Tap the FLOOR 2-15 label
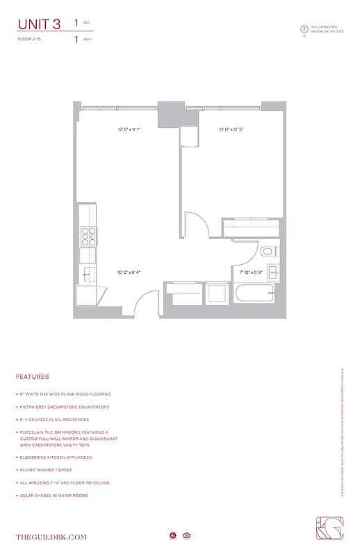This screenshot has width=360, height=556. click(x=29, y=40)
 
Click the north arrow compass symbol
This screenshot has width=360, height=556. click(x=304, y=29)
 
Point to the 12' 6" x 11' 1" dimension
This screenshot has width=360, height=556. click(x=129, y=129)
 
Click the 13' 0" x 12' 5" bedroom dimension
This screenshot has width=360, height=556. click(x=231, y=129)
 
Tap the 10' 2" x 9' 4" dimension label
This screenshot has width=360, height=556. click(x=130, y=272)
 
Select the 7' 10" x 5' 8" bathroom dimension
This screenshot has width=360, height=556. click(x=251, y=272)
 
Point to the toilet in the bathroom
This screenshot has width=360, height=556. click(x=268, y=252)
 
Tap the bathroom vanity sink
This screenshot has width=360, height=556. click(x=274, y=271)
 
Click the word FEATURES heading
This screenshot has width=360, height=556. click(x=32, y=377)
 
